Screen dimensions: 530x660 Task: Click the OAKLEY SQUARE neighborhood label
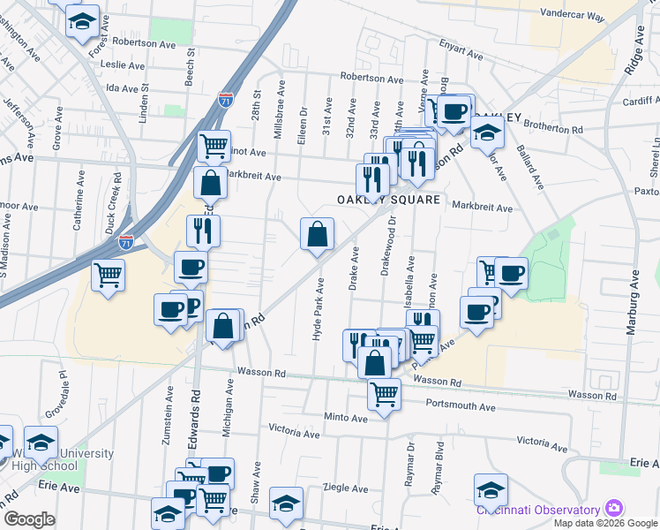(389, 200)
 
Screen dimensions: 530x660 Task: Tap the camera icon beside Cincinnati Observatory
(613, 509)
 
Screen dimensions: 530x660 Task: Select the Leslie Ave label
(124, 65)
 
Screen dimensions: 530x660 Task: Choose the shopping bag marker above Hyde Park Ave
(317, 234)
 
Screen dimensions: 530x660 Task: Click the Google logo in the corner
(29, 519)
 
